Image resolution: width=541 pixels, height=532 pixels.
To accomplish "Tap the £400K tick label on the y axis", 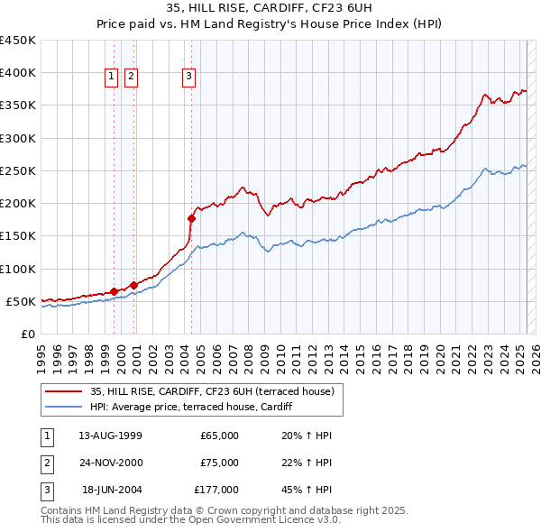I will pos(19,72).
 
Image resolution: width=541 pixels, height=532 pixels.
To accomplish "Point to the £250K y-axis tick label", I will pos(19,170).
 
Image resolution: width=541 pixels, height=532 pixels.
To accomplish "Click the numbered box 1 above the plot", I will pos(111,78).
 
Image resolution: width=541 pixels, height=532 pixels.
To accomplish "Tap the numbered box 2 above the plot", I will pos(131,78).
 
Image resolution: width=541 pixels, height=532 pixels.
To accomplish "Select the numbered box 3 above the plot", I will pos(188,78).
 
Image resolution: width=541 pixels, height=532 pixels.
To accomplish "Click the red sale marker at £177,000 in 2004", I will pos(191,218).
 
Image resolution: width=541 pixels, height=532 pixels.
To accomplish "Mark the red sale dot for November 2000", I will pos(133,285).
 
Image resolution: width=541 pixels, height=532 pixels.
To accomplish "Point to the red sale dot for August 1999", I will pos(114,291).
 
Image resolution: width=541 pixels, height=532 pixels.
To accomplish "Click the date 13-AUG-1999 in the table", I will pos(110,436).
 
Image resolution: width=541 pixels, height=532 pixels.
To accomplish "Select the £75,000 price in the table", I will pos(219,463).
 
